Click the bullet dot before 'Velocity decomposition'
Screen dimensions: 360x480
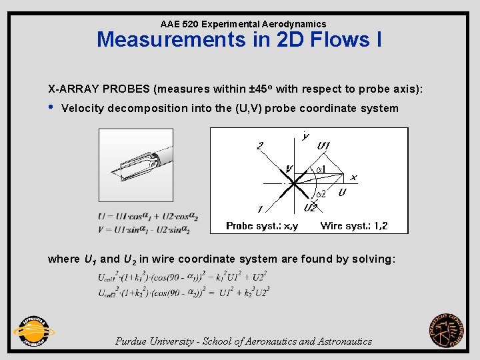51,107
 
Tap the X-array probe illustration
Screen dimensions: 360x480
135,164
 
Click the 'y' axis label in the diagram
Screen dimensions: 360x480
306,136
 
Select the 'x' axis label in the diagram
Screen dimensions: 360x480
353,177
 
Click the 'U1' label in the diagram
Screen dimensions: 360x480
325,145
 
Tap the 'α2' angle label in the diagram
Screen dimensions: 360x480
321,194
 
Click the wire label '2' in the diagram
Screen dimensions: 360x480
260,145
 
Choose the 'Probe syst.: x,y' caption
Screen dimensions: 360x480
261,226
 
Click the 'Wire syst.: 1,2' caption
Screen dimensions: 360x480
353,226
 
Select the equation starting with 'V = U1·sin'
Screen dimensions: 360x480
143,229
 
